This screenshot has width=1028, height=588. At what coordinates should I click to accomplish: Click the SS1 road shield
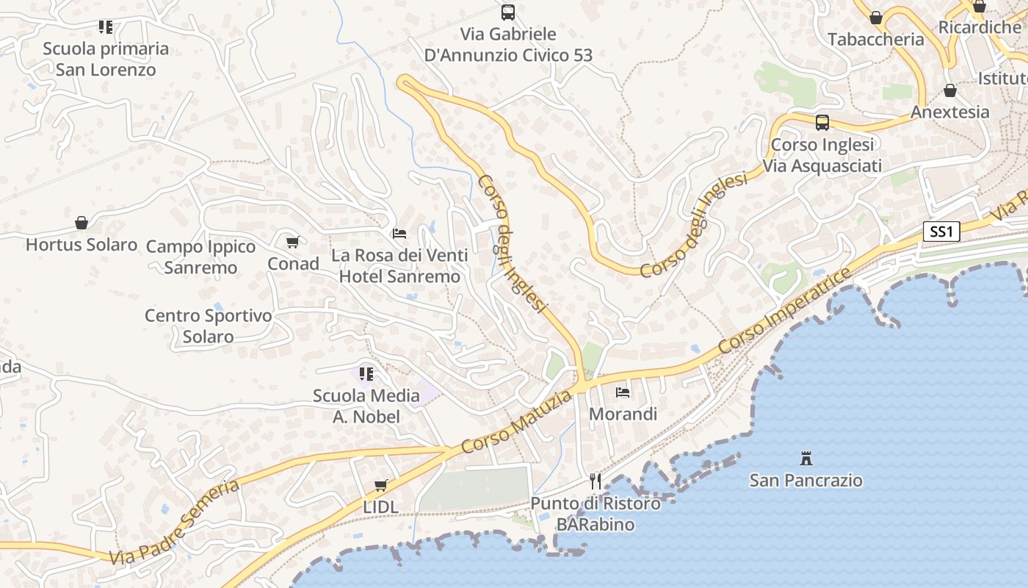[x=941, y=232]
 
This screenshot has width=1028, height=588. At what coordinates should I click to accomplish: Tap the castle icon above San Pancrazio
[x=806, y=459]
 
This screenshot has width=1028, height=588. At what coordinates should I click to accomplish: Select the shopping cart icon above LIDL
[x=380, y=485]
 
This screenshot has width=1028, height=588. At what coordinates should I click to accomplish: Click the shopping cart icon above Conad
[x=292, y=242]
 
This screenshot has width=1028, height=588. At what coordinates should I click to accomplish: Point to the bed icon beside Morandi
[x=623, y=392]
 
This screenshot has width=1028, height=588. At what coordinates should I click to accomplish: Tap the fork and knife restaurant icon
[x=596, y=481]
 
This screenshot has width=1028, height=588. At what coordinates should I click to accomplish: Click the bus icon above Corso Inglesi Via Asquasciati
[x=822, y=123]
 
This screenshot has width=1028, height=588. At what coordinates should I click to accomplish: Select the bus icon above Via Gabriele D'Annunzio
[x=508, y=12]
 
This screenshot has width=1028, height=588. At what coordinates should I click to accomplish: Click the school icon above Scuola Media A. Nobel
[x=366, y=374]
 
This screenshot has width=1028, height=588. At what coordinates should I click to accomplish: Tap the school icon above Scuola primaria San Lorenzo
[x=106, y=27]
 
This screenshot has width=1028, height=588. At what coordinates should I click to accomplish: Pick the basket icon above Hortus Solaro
[x=82, y=223]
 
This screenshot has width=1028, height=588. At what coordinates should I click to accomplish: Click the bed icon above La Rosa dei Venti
[x=399, y=234]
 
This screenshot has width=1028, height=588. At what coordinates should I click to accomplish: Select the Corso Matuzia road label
[x=516, y=423]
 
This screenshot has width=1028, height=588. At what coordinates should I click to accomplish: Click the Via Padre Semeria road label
[x=174, y=523]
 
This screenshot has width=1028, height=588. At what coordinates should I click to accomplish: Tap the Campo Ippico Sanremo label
[x=200, y=257]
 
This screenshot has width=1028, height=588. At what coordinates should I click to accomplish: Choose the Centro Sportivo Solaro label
[x=208, y=326]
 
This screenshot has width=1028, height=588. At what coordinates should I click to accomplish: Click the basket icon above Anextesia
[x=949, y=91]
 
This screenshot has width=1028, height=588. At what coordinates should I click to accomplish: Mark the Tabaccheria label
[x=875, y=40]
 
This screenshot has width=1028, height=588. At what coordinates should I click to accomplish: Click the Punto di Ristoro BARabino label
[x=595, y=514]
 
